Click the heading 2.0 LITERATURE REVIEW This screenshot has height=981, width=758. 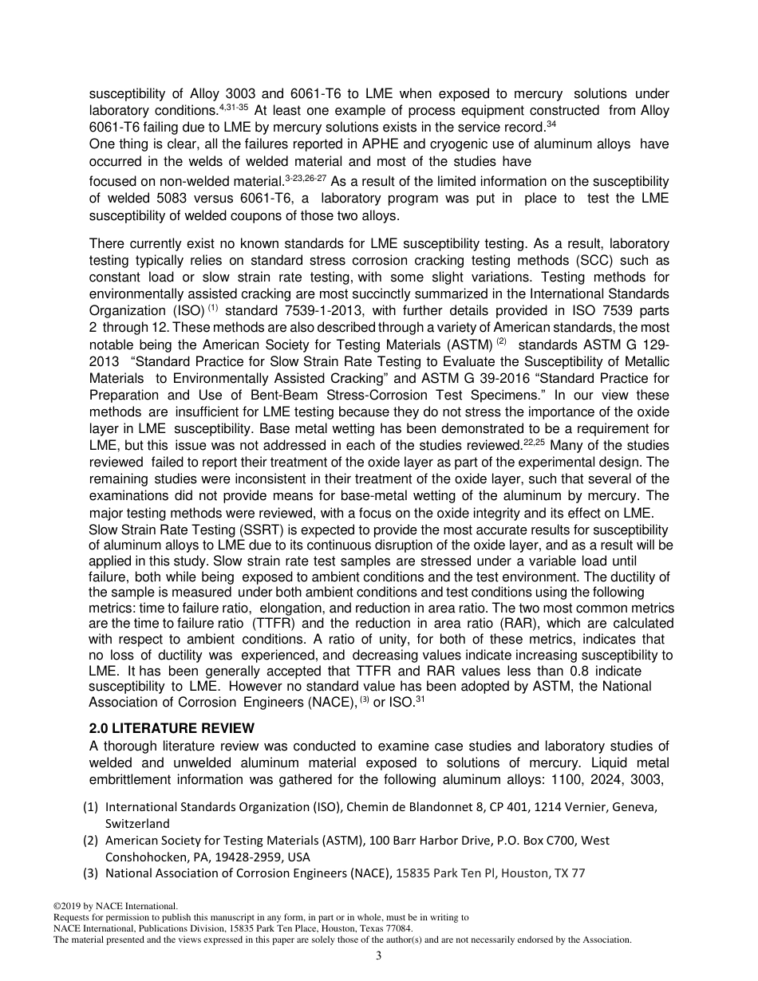[172, 728]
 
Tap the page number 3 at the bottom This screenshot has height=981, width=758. [379, 956]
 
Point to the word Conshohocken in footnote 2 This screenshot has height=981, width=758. [144, 857]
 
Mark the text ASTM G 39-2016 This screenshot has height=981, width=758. [466, 378]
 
